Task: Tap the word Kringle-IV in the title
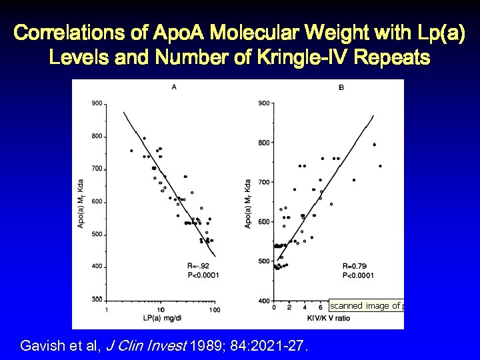click(296, 57)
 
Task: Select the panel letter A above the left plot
click(174, 87)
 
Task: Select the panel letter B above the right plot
click(341, 87)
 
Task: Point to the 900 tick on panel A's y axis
click(97, 103)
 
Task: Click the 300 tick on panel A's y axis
click(97, 299)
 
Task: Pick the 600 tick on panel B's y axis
click(263, 221)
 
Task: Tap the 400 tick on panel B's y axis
click(263, 300)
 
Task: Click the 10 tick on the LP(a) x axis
click(161, 309)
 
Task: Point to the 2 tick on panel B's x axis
click(290, 307)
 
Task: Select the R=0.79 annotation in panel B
click(355, 265)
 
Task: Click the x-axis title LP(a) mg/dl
click(162, 319)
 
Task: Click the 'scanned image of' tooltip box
click(366, 305)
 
